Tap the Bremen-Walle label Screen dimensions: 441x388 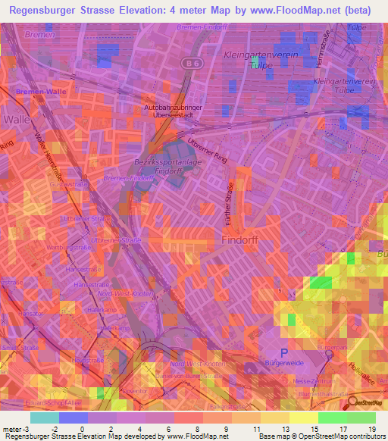click(30, 91)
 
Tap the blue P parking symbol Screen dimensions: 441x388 click(284, 352)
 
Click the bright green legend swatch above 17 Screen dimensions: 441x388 click(333, 417)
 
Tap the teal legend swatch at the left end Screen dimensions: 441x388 click(44, 417)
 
